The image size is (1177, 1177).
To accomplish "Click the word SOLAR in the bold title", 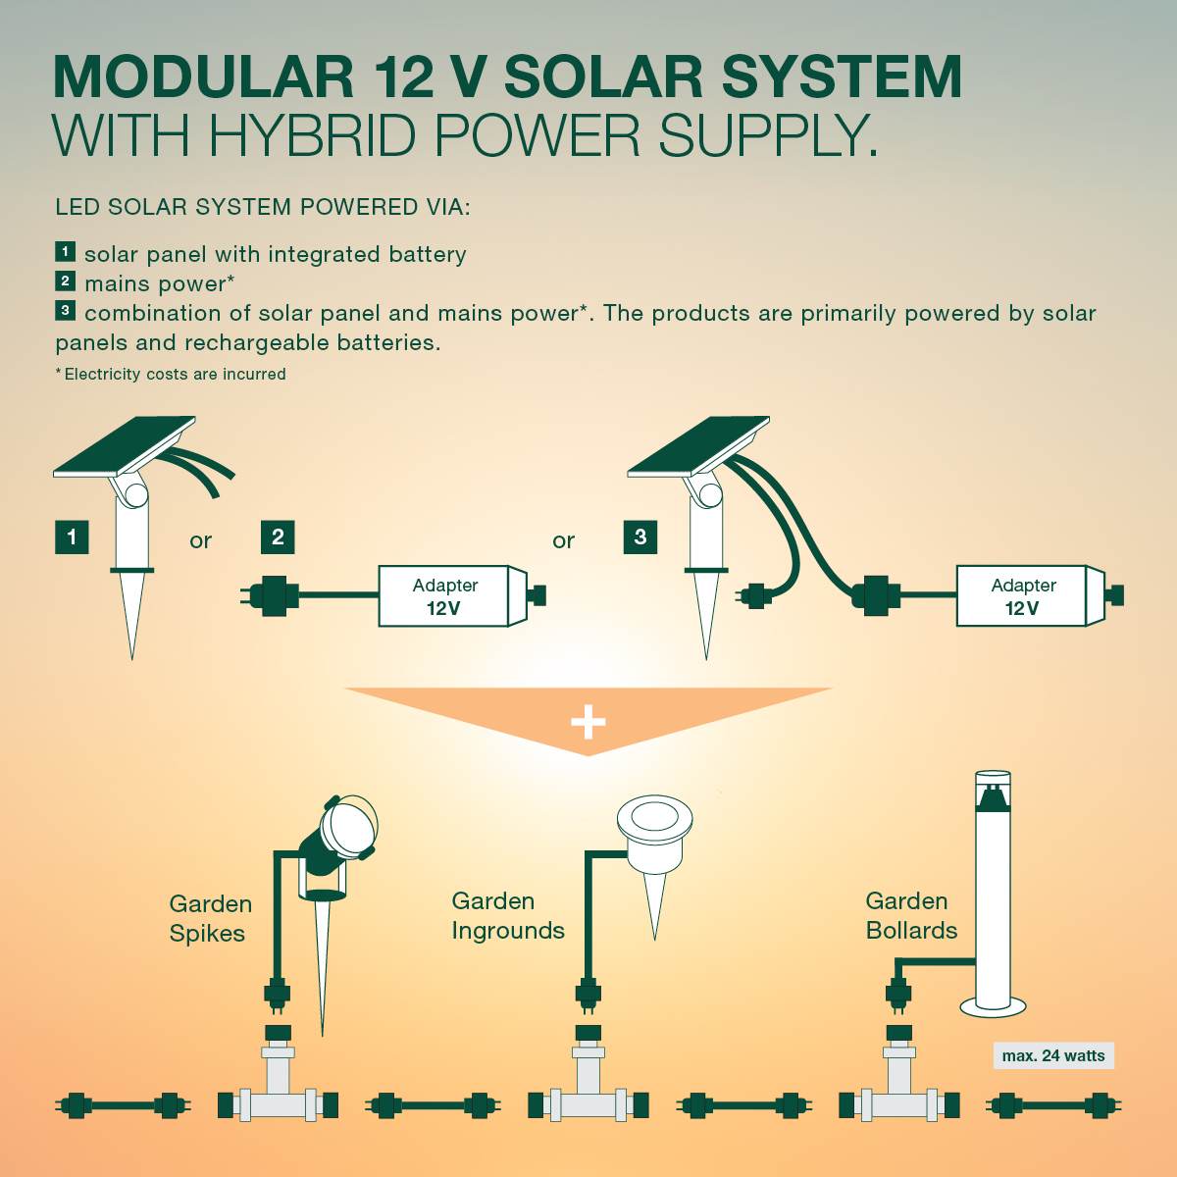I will (603, 77).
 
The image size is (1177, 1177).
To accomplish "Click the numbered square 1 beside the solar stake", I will (72, 537).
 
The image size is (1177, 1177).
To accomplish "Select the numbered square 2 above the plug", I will (278, 537).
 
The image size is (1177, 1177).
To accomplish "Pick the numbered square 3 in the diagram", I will (640, 537).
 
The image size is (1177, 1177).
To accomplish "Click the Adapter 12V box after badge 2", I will (444, 596).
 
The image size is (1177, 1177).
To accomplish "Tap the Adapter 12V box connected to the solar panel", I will (1023, 596).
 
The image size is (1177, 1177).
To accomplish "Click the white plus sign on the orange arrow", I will (588, 723).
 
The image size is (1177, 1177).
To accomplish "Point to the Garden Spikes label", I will (210, 918).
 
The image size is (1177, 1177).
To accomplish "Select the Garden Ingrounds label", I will (507, 915).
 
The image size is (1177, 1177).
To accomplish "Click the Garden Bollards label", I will (910, 915).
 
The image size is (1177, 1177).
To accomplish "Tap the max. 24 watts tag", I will (1053, 1055).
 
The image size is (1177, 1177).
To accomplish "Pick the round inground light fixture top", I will (654, 818).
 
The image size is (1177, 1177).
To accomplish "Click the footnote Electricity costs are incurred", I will (172, 374).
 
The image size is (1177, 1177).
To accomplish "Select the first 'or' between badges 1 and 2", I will (200, 540).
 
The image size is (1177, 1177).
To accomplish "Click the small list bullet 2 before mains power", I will (65, 281).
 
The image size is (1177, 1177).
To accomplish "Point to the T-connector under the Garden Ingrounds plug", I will (588, 1095).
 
